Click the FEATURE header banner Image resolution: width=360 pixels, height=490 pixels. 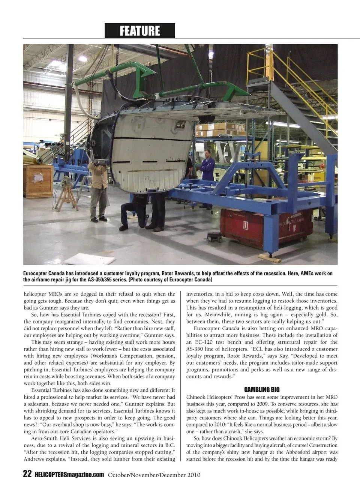point(139,31)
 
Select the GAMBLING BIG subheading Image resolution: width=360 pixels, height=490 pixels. point(262,390)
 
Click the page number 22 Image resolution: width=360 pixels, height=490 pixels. point(27,474)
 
